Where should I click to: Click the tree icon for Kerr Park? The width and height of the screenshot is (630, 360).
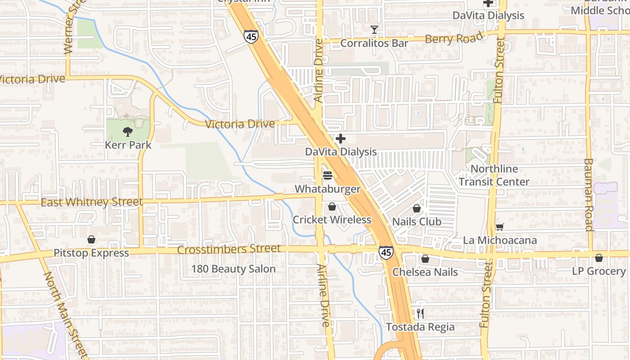pyautogui.click(x=128, y=132)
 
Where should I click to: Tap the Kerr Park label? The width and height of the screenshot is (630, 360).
pyautogui.click(x=128, y=145)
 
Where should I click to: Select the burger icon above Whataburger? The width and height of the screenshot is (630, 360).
pyautogui.click(x=327, y=175)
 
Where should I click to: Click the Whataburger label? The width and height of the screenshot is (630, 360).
pyautogui.click(x=328, y=189)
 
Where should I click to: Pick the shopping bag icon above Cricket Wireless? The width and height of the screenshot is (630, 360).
pyautogui.click(x=332, y=207)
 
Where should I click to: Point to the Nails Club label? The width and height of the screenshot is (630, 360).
pyautogui.click(x=417, y=222)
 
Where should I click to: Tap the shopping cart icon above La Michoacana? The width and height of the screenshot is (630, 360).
pyautogui.click(x=499, y=227)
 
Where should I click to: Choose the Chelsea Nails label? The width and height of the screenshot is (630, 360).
pyautogui.click(x=425, y=272)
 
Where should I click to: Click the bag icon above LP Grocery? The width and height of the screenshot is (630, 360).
pyautogui.click(x=598, y=258)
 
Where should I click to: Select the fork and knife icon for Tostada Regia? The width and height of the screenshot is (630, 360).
pyautogui.click(x=420, y=313)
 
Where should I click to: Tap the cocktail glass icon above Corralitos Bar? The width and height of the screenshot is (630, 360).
pyautogui.click(x=374, y=30)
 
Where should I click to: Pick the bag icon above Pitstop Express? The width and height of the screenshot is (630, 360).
pyautogui.click(x=91, y=239)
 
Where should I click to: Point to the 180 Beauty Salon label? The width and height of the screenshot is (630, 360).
pyautogui.click(x=234, y=269)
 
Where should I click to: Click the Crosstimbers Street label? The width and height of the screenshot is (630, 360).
pyautogui.click(x=229, y=249)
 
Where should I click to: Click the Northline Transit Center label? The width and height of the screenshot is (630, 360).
pyautogui.click(x=494, y=175)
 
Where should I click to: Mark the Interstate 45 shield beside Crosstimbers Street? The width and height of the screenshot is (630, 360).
pyautogui.click(x=386, y=252)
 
